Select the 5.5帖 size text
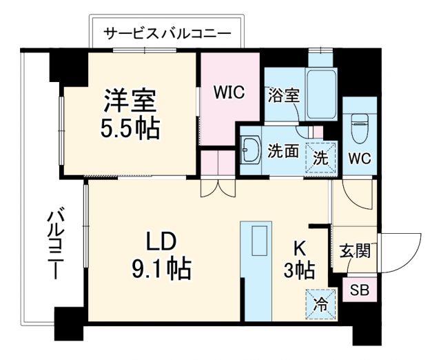(131, 128)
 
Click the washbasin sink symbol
(249, 151)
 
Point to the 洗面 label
(283, 152)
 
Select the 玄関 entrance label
(356, 250)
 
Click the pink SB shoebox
(359, 289)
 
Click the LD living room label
(161, 241)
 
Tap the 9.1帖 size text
(161, 267)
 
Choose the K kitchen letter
(300, 246)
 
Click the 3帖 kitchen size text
(300, 270)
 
